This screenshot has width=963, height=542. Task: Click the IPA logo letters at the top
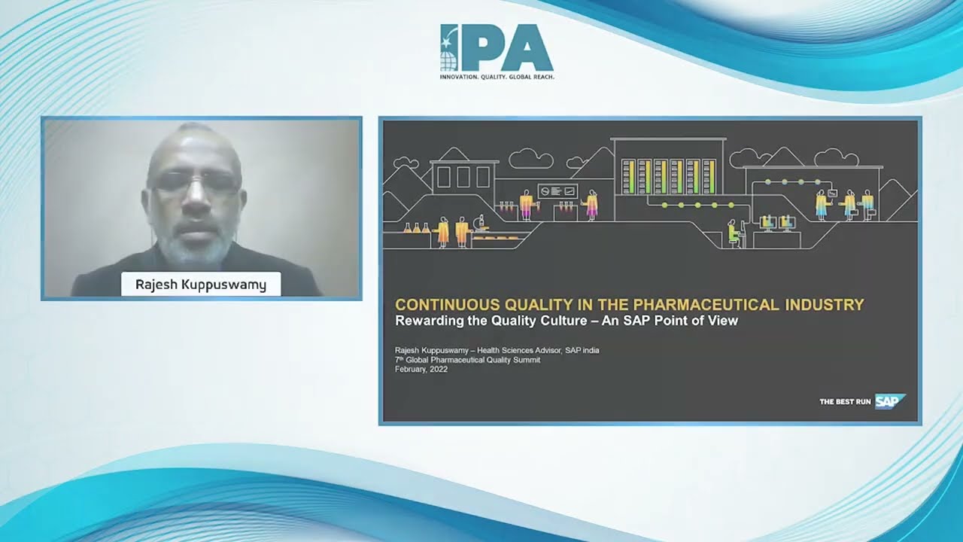point(497,47)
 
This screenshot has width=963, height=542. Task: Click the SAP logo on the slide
point(890,401)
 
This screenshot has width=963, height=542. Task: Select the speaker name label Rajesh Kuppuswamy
point(201,285)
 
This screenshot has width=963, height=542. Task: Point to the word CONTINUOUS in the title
point(447,305)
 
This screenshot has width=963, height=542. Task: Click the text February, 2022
point(421,370)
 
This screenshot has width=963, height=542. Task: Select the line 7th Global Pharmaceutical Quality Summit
point(468,360)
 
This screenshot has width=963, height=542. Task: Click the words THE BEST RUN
point(845,402)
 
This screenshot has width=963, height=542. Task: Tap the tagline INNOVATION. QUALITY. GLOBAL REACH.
point(497,77)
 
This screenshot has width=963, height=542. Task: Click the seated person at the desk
point(735,233)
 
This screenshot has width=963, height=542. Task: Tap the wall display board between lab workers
point(558,191)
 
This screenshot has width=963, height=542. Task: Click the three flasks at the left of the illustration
point(416,228)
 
